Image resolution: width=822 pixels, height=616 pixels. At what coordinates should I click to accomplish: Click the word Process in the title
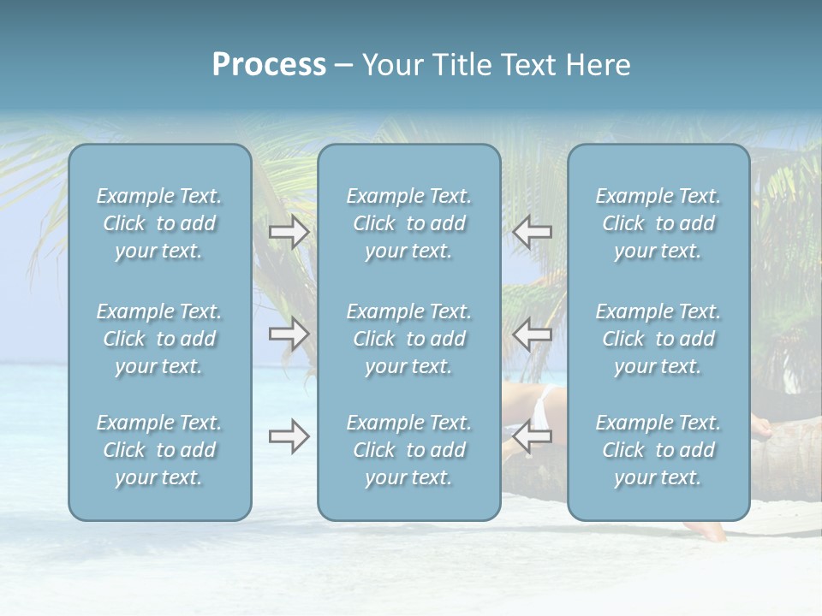(269, 65)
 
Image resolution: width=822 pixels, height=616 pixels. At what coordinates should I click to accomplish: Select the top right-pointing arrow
(289, 232)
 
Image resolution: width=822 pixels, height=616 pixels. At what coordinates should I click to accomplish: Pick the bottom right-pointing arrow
(289, 436)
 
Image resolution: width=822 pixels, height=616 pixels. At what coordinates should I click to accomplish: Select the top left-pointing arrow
(532, 232)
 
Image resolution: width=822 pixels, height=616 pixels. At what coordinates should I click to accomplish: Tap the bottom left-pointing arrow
(532, 436)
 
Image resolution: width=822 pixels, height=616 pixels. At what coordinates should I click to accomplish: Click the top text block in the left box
(159, 223)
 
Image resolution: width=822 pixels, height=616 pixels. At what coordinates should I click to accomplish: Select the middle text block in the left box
(159, 339)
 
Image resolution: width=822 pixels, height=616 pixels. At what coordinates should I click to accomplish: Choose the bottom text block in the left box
(159, 450)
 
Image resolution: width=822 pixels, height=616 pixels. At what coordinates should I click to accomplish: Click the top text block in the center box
(408, 223)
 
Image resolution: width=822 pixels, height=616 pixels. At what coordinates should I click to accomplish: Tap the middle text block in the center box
(408, 339)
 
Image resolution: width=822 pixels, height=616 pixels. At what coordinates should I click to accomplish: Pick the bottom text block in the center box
(408, 450)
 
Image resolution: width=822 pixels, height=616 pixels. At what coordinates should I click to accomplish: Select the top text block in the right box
(658, 223)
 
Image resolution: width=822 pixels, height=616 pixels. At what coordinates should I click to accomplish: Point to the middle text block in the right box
(658, 339)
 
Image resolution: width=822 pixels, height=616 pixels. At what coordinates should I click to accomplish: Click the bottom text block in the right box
(658, 450)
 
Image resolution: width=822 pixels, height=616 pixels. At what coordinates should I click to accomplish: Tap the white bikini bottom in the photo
(541, 407)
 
